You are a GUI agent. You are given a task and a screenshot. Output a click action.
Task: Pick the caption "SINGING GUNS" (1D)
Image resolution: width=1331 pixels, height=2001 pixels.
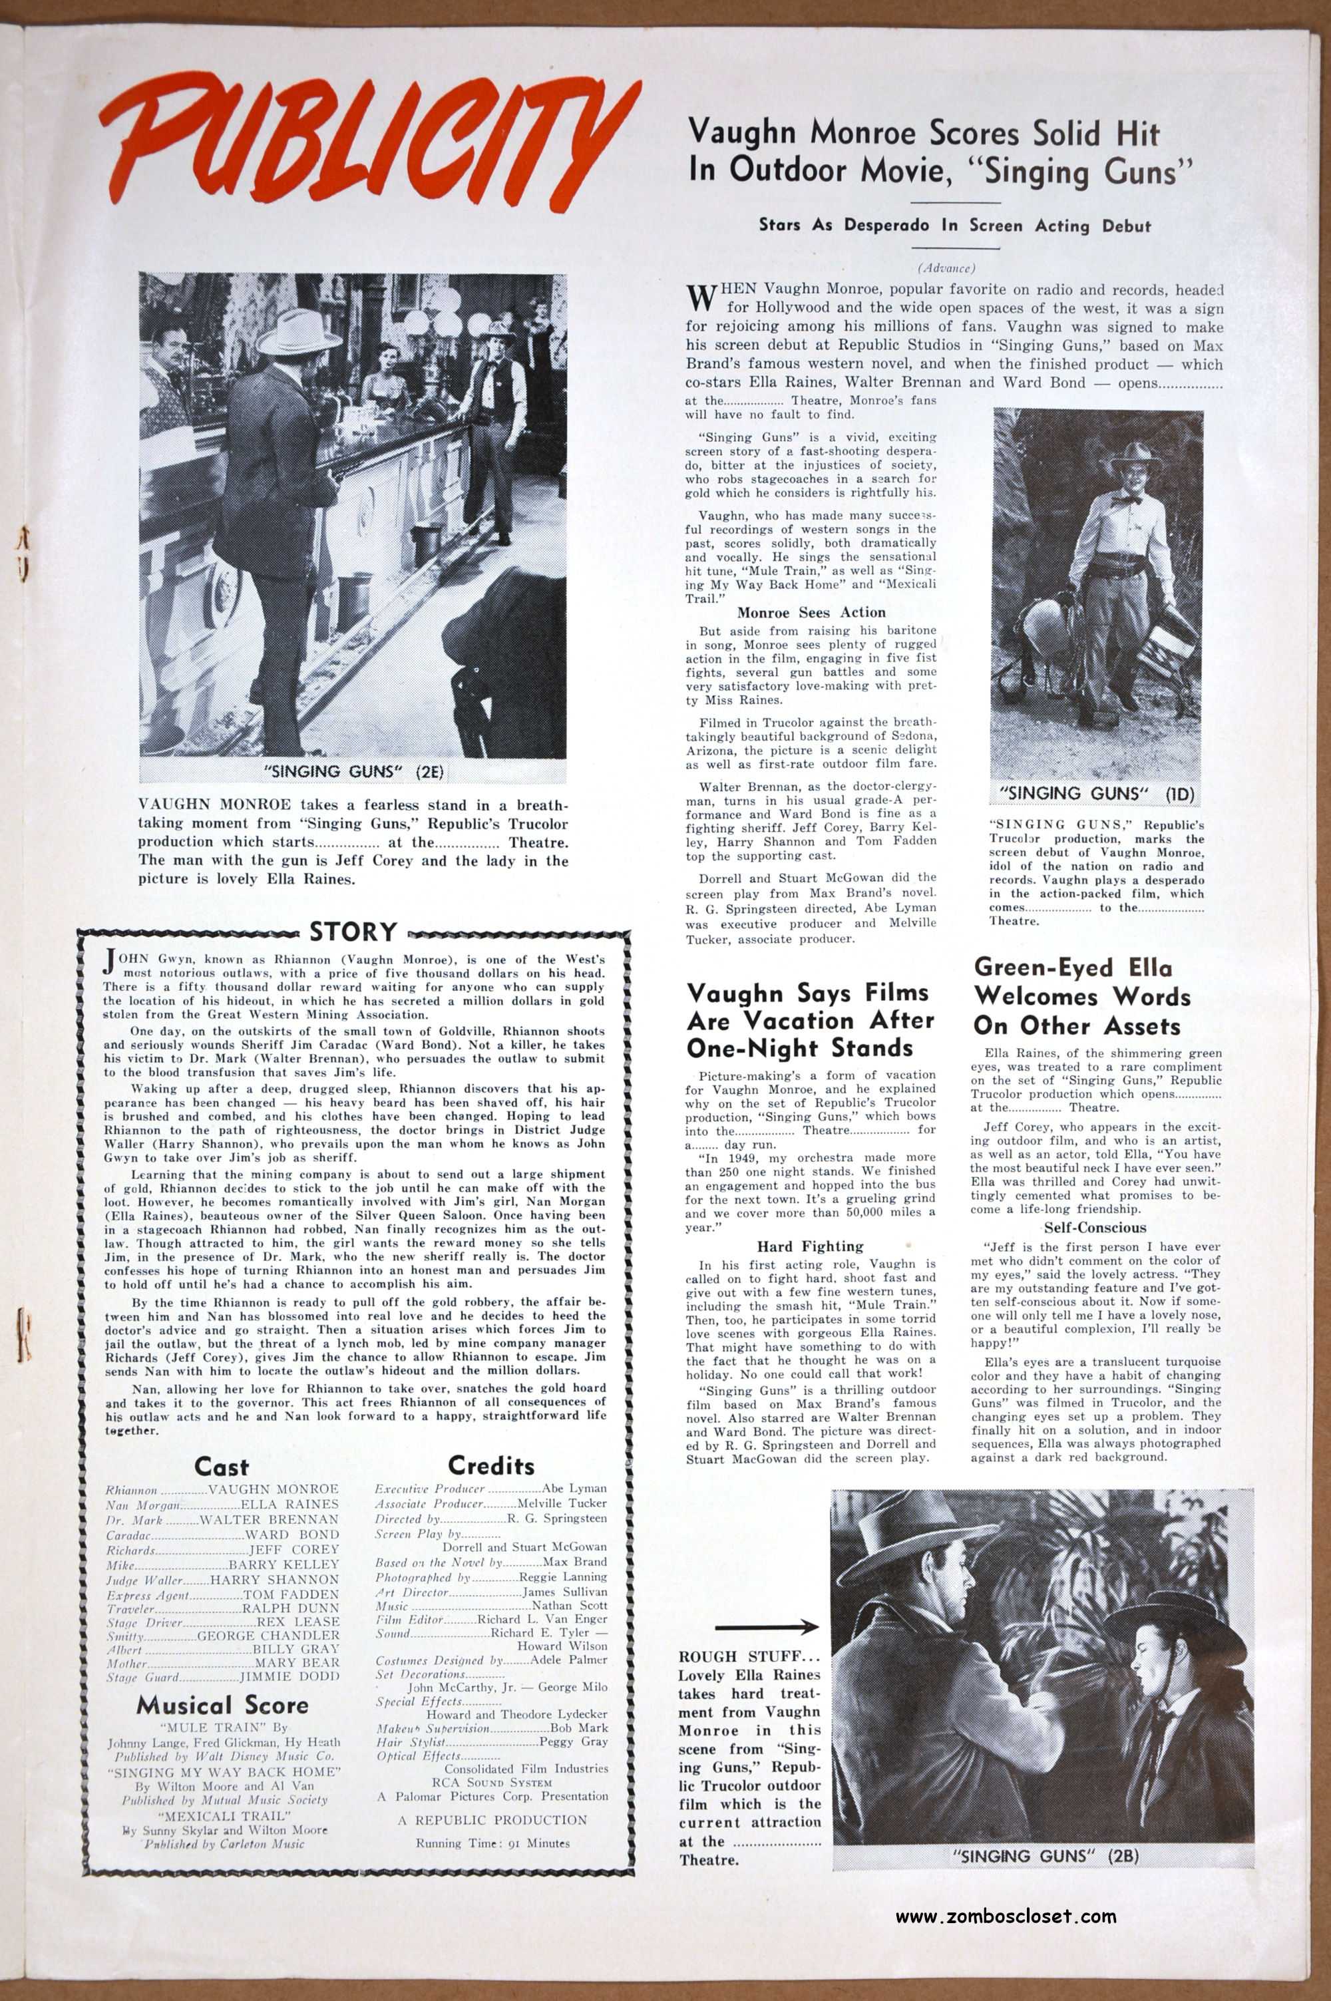click(x=1097, y=793)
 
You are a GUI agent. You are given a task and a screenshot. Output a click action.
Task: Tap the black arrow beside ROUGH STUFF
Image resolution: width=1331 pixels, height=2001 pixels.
click(x=767, y=1628)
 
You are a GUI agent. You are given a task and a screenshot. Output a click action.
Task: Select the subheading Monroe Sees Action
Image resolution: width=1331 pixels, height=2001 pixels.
click(x=811, y=612)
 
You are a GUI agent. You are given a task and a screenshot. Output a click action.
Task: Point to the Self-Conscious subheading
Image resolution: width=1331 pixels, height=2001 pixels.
click(x=1095, y=1228)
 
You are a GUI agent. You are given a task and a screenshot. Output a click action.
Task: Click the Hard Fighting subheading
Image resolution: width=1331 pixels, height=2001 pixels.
click(x=811, y=1246)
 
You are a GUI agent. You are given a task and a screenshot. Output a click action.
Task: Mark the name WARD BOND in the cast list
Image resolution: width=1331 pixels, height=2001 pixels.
click(x=292, y=1535)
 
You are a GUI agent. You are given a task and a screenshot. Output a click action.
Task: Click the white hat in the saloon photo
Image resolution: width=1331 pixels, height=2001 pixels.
click(x=296, y=330)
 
